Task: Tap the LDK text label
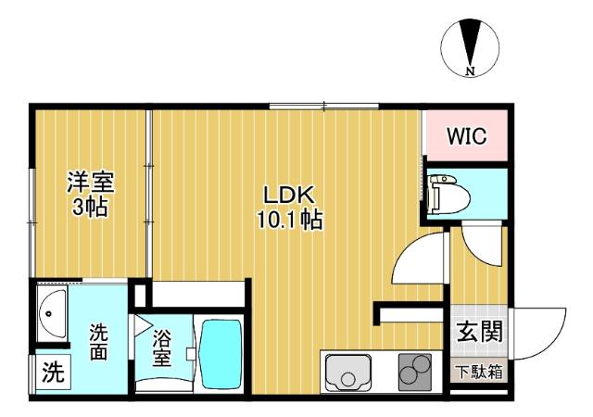click(x=291, y=196)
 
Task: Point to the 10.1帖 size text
click(x=291, y=221)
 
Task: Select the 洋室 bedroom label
click(x=90, y=181)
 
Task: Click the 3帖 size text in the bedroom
click(x=90, y=206)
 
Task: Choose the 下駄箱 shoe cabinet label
click(x=479, y=373)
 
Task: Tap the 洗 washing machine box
click(x=54, y=373)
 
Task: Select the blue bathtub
click(x=221, y=352)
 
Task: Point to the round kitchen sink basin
click(x=347, y=376)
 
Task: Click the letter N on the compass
click(x=472, y=70)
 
